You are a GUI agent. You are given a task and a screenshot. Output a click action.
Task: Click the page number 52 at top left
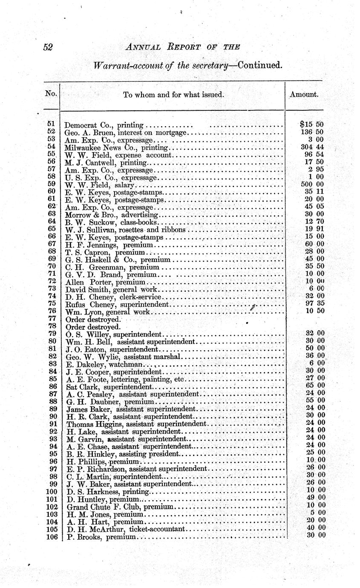48,47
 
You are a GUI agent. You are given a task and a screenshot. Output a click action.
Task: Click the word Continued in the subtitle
260,66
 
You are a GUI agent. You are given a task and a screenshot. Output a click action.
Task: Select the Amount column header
304,95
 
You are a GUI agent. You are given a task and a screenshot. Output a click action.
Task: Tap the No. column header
51,93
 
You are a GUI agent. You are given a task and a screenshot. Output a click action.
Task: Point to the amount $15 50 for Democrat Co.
312,124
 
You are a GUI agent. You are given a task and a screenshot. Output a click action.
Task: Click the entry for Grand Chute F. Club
120,507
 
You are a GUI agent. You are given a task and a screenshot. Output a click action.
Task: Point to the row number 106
51,536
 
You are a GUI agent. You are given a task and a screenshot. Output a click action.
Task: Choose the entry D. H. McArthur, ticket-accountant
126,529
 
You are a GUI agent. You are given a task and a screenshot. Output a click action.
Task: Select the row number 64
52,222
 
